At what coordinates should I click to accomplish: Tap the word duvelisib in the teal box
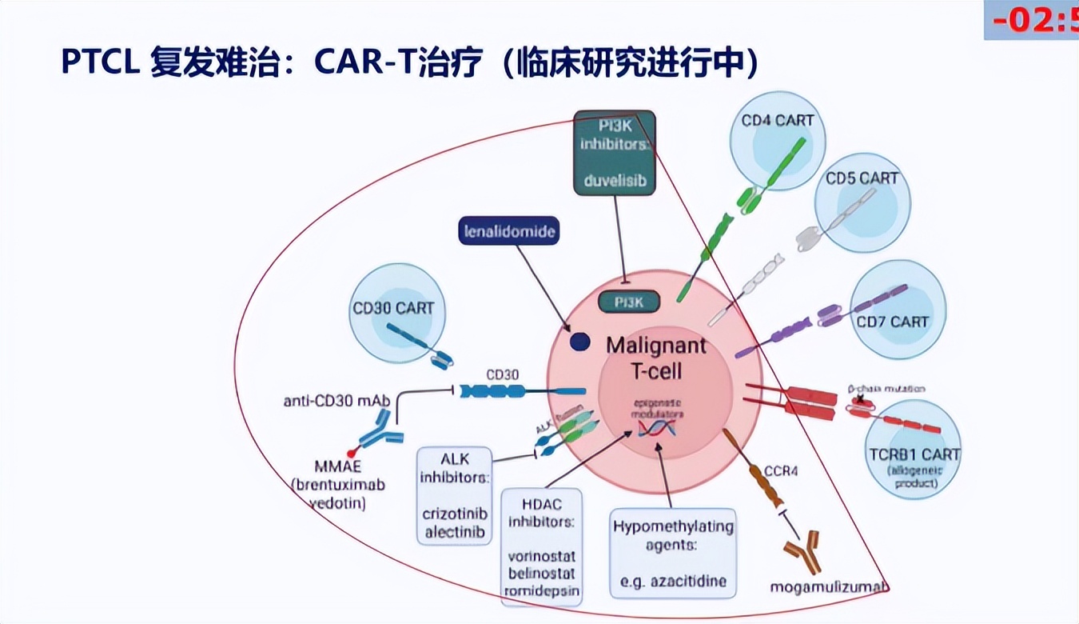[615, 181]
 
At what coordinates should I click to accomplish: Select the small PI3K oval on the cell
[630, 302]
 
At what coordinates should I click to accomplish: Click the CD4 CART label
[778, 121]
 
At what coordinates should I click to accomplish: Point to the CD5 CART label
[862, 178]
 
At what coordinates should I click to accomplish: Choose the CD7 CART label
[892, 322]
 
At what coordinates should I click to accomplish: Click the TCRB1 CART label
[914, 454]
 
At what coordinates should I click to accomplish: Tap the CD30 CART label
[393, 308]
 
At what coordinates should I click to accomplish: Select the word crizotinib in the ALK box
[455, 514]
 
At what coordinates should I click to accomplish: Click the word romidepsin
[540, 591]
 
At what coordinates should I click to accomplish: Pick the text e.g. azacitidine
[672, 580]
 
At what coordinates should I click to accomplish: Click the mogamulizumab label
[829, 587]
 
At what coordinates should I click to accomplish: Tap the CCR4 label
[781, 470]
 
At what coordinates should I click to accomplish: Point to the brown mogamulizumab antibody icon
[802, 553]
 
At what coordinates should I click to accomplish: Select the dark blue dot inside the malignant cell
[579, 342]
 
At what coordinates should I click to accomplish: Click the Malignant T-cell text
[655, 358]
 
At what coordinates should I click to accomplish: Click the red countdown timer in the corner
[1035, 19]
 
